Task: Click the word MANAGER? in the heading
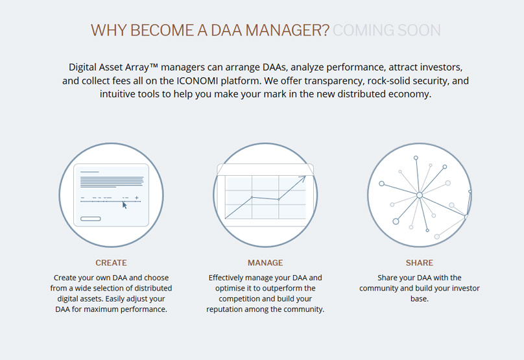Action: tap(287, 30)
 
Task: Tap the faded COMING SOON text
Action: tap(387, 30)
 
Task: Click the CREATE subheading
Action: tap(112, 263)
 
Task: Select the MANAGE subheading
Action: tap(265, 263)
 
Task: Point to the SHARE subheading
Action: tap(420, 263)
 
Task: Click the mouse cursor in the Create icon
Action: tap(125, 205)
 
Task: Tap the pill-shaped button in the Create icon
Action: tap(91, 219)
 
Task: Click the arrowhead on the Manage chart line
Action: tap(303, 179)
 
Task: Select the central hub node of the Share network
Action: tap(420, 195)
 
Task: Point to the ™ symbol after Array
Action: tap(154, 66)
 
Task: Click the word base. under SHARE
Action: tap(420, 298)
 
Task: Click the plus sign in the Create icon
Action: tap(137, 198)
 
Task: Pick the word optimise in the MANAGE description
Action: tap(230, 288)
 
